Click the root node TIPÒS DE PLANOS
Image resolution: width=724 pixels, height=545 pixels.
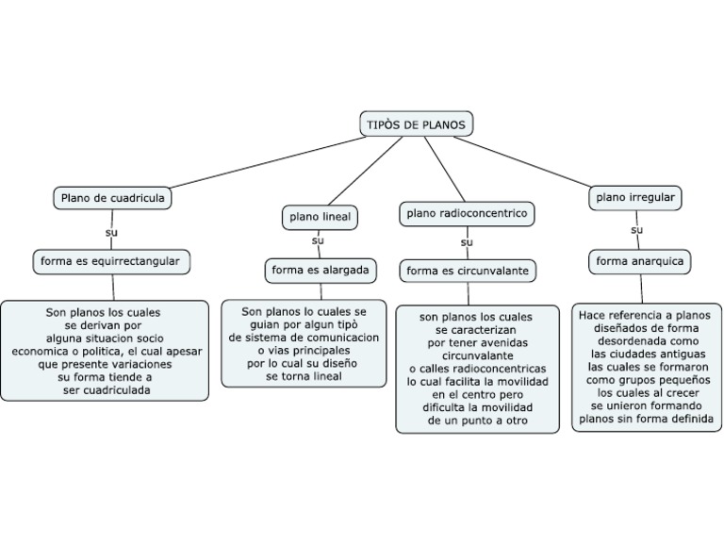pyautogui.click(x=415, y=124)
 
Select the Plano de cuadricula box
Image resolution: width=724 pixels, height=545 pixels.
pyautogui.click(x=113, y=198)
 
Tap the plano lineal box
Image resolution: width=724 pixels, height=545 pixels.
pyautogui.click(x=320, y=217)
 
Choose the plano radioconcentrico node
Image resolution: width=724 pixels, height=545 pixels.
pyautogui.click(x=467, y=214)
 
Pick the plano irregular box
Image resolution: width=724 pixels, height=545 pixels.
pyautogui.click(x=636, y=197)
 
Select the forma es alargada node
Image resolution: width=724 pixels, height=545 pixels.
pyautogui.click(x=320, y=271)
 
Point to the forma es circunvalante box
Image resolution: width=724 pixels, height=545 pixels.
pyautogui.click(x=467, y=271)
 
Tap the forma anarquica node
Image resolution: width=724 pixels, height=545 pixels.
pyautogui.click(x=640, y=260)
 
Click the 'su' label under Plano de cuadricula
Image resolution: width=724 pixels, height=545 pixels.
pyautogui.click(x=111, y=231)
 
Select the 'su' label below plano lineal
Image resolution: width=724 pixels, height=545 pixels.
pyautogui.click(x=318, y=241)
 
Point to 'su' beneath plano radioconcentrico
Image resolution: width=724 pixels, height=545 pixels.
pyautogui.click(x=466, y=243)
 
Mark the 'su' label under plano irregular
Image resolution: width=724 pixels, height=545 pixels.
pyautogui.click(x=637, y=229)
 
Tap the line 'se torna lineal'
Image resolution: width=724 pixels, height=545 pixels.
pyautogui.click(x=304, y=375)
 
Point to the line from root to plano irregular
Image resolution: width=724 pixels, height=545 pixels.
pyautogui.click(x=528, y=161)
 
